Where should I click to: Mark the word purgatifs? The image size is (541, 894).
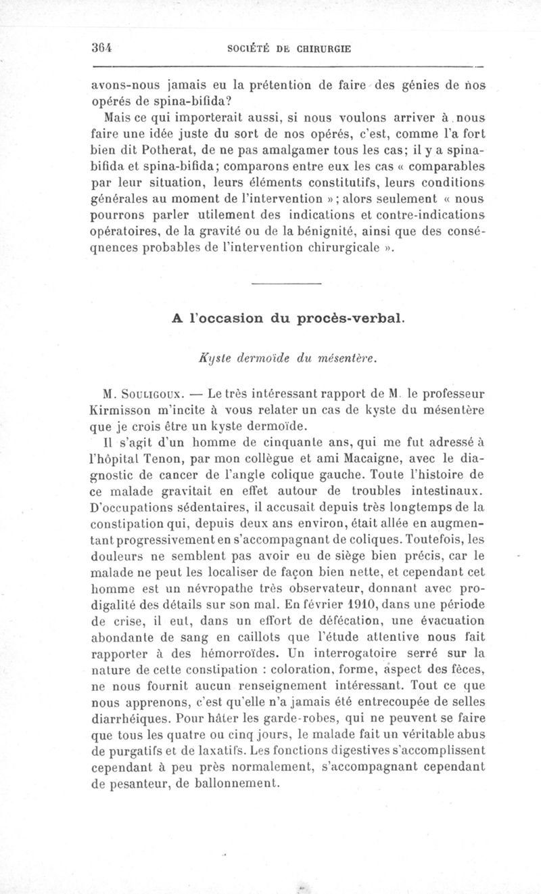tap(134, 751)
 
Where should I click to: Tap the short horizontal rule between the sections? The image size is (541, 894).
tap(285, 283)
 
